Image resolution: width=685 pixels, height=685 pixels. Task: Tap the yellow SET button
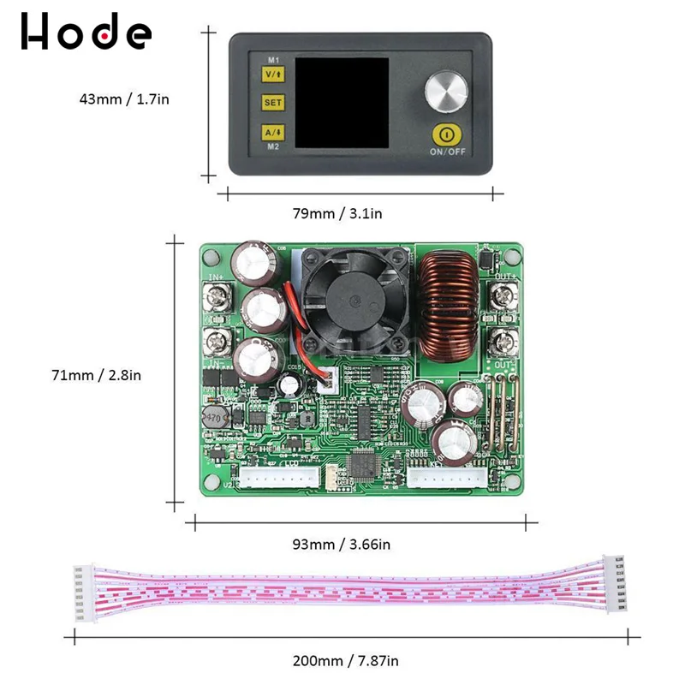[x=273, y=103]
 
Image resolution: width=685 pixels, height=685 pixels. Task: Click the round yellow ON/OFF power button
[x=446, y=134]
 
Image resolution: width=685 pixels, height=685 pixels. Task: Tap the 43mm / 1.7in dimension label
[x=125, y=99]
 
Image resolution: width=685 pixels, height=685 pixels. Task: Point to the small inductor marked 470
[x=212, y=419]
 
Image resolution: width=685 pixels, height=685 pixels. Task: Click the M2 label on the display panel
[x=273, y=148]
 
